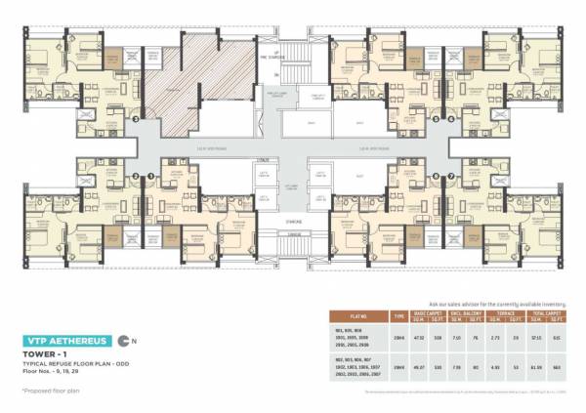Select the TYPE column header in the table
tap(398, 317)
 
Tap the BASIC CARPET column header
tap(431, 313)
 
